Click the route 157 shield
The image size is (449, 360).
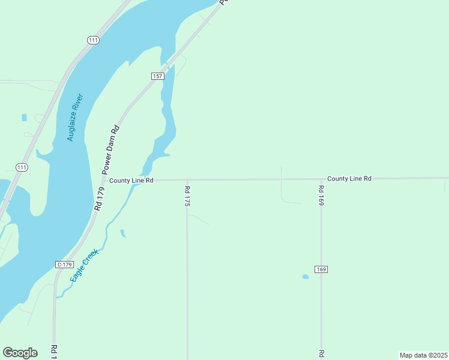[x=157, y=76]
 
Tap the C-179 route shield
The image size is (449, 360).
[x=64, y=265]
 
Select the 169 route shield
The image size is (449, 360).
[x=321, y=269]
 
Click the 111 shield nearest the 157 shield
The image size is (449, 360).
[x=92, y=40]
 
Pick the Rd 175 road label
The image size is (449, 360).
[x=187, y=196]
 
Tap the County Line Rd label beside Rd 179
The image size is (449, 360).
[x=131, y=180]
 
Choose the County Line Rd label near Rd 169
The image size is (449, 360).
[x=349, y=179]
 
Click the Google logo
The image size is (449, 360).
[x=20, y=353]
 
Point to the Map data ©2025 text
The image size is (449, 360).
[x=423, y=355]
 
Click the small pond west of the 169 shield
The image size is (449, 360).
[x=305, y=277]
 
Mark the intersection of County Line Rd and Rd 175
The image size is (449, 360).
[x=187, y=179]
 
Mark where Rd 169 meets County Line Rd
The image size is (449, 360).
[x=321, y=179]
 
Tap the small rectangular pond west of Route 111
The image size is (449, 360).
[x=24, y=118]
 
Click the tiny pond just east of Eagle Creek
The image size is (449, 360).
[x=123, y=233]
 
